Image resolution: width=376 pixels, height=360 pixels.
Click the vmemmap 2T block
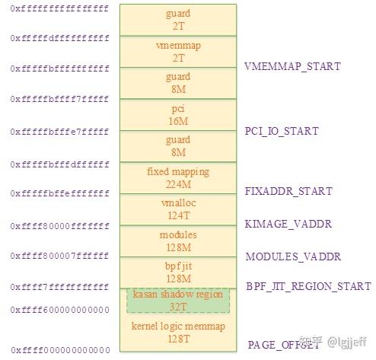pos(177,51)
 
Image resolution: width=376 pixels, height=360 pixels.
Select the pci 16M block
pos(177,114)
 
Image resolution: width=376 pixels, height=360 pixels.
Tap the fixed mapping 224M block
pos(177,177)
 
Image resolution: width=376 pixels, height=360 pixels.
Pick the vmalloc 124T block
pos(177,209)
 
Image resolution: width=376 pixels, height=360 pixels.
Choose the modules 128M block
pos(177,241)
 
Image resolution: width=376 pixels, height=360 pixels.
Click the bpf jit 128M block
pos(177,272)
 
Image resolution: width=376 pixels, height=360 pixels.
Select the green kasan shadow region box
pos(177,299)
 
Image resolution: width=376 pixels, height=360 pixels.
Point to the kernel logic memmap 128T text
pos(177,333)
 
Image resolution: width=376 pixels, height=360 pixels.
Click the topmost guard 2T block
pos(177,20)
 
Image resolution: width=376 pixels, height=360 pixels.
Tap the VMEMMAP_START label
pos(292,66)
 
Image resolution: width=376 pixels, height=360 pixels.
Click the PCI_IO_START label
pos(282,131)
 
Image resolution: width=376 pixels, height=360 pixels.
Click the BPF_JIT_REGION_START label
pos(308,287)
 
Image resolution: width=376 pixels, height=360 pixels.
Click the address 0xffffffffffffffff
pos(60,9)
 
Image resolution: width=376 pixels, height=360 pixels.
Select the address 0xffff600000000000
pos(60,310)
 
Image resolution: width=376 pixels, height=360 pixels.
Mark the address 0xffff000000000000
pos(60,350)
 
